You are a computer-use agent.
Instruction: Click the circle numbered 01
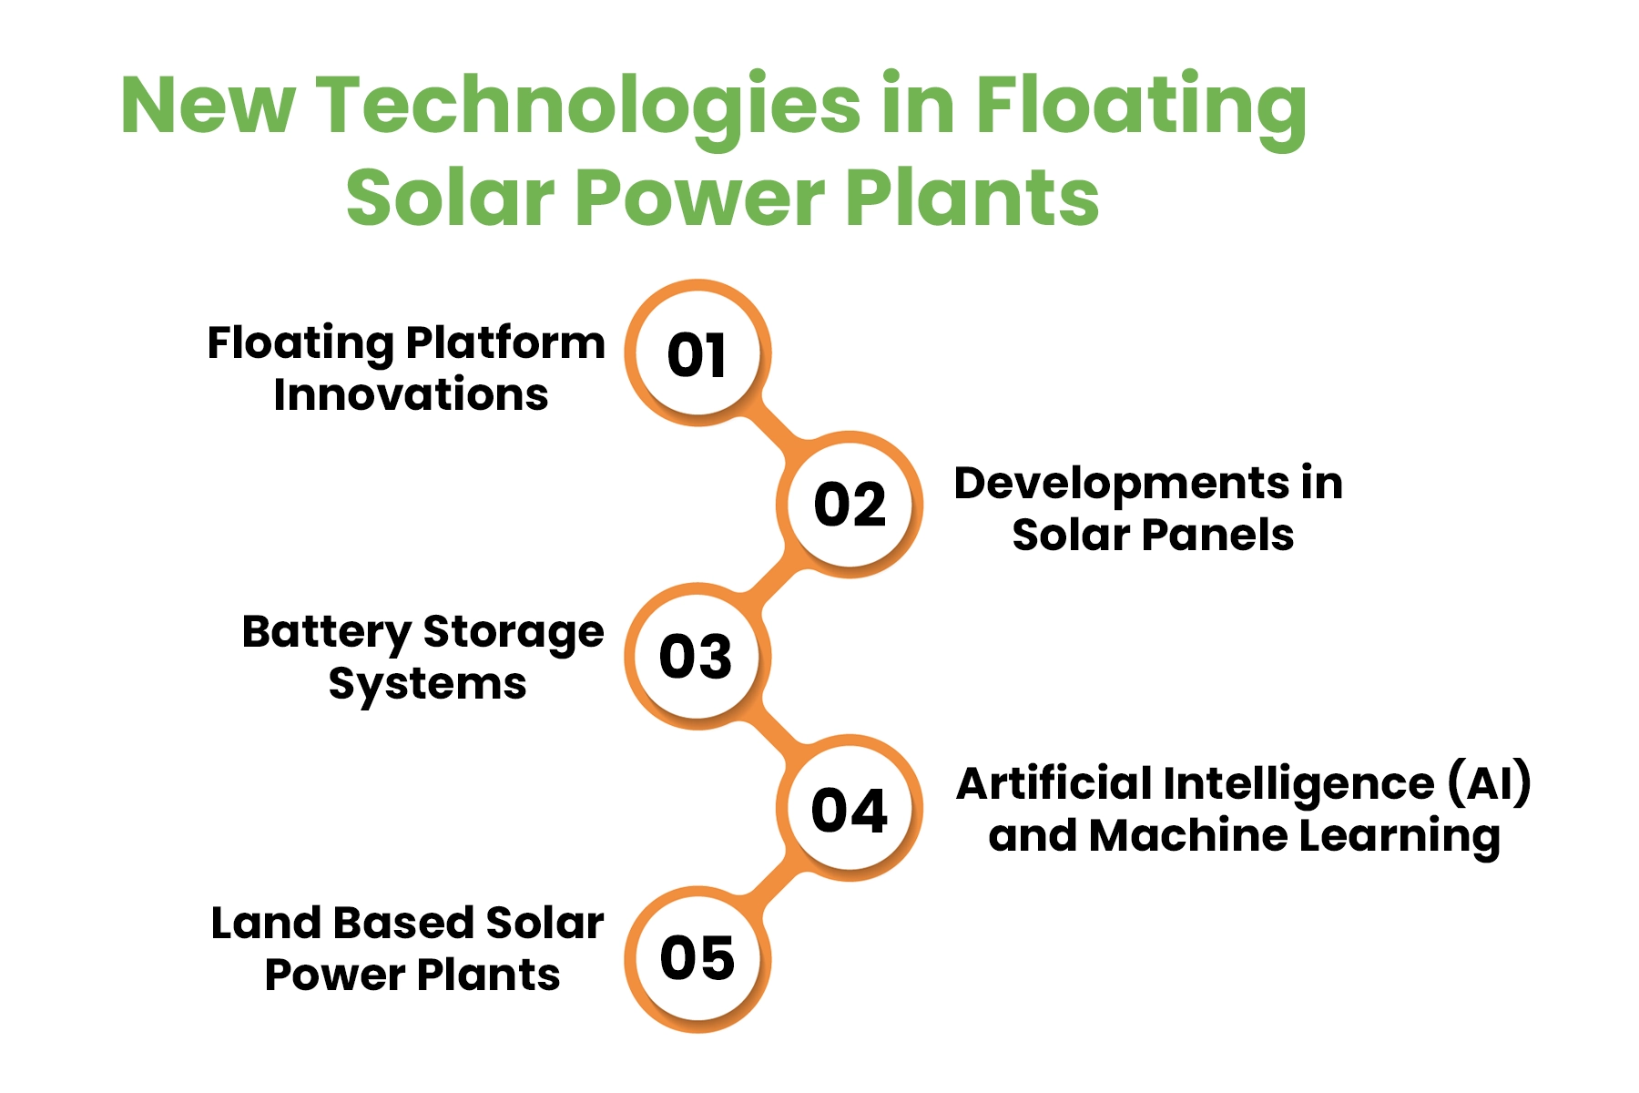(697, 352)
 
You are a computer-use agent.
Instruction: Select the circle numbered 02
(850, 505)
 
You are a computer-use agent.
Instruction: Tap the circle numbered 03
(697, 657)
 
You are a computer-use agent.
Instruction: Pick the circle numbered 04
(850, 808)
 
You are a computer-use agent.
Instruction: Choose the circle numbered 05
(697, 960)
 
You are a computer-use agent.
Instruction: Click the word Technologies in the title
(588, 107)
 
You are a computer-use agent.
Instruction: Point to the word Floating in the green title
(1142, 107)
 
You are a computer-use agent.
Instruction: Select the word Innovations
(411, 394)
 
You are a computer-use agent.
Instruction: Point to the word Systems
(427, 685)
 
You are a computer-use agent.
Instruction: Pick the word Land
(268, 923)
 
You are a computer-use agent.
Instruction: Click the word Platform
(505, 342)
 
